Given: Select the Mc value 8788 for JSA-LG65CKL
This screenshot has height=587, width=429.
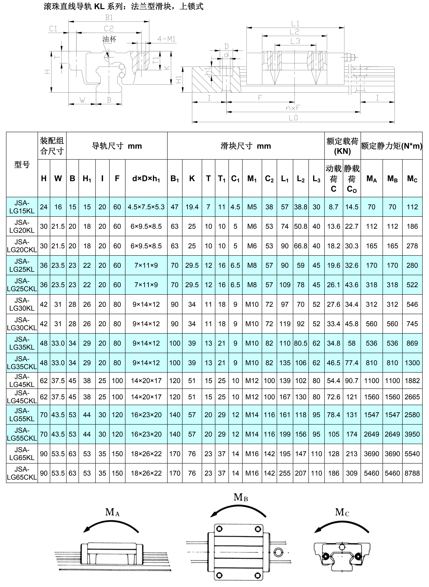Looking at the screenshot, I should (x=412, y=473).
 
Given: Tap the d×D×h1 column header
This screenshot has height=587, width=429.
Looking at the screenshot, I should (x=146, y=178).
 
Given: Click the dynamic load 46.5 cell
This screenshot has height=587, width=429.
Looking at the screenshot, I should (x=333, y=363).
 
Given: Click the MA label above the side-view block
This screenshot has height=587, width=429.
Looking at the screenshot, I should (x=112, y=512).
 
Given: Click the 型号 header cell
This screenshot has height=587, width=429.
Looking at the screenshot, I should (x=22, y=164).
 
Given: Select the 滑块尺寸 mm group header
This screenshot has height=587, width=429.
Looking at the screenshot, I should (x=246, y=146).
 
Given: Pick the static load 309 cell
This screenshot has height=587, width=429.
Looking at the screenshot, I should (x=352, y=473).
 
